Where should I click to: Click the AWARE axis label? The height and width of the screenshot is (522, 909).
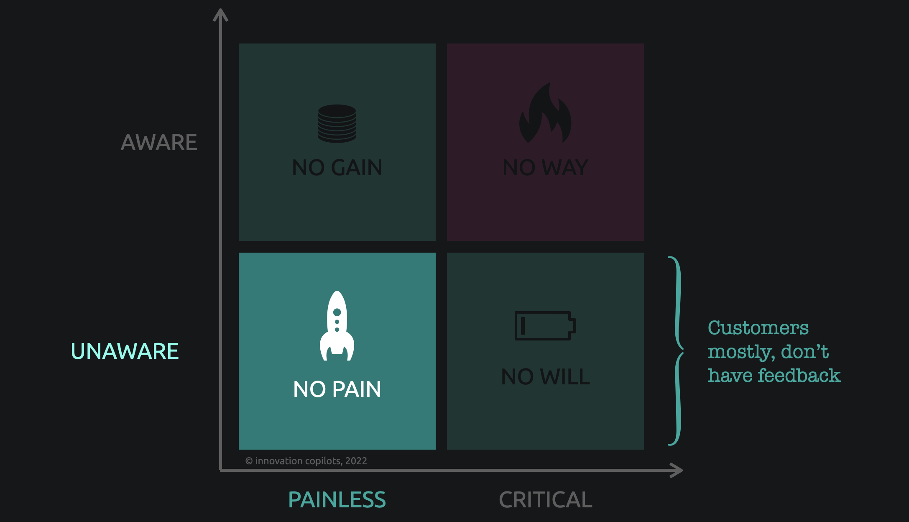[x=159, y=143]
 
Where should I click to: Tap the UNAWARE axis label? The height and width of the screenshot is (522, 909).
[x=125, y=351]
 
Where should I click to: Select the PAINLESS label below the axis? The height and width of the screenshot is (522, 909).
[x=337, y=500]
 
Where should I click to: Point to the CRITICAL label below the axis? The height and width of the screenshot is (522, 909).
[x=545, y=500]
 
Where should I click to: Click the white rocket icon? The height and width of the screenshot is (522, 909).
[x=337, y=326]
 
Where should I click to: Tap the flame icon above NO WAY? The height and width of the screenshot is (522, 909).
[x=545, y=113]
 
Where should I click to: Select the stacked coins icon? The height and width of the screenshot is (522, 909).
[x=337, y=123]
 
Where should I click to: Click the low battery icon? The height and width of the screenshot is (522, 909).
[x=545, y=325]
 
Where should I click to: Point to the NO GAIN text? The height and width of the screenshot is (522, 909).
[x=337, y=168]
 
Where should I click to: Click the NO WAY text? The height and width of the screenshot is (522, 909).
[x=545, y=168]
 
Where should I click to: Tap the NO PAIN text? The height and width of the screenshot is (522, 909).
[x=337, y=389]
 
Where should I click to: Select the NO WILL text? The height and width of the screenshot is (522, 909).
[x=545, y=377]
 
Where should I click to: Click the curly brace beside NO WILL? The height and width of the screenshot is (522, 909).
[x=678, y=351]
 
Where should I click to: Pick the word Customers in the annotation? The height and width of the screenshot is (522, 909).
[x=758, y=328]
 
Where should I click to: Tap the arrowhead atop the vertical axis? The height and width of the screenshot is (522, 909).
[x=220, y=15]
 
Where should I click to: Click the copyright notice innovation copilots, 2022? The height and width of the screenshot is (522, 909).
[x=306, y=461]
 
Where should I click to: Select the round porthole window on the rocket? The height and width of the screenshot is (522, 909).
[x=337, y=312]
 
